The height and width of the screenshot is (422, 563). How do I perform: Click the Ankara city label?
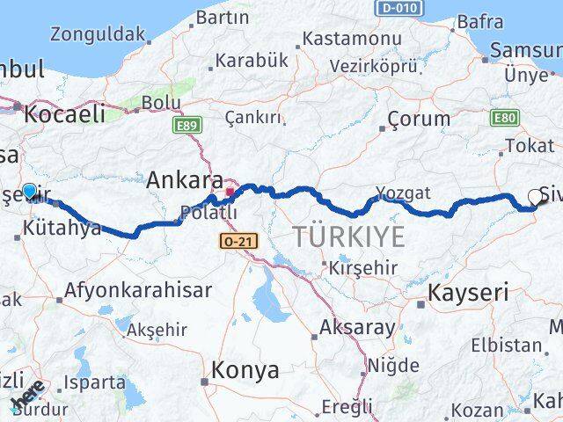[185, 179]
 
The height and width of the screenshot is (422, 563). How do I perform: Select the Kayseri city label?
[467, 292]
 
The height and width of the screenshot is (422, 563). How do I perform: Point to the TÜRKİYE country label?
[349, 236]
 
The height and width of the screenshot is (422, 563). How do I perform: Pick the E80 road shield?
[506, 117]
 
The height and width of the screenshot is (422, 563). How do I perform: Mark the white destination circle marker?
[536, 198]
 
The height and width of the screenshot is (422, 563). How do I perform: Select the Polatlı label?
[208, 212]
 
